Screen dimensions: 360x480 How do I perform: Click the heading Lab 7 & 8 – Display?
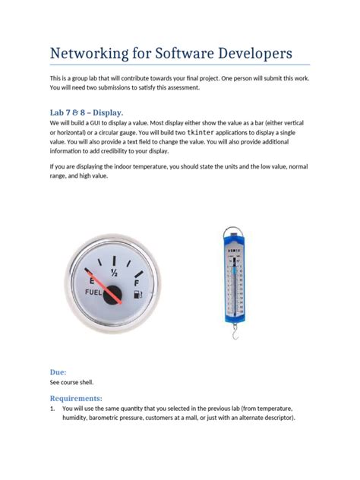pyautogui.click(x=86, y=113)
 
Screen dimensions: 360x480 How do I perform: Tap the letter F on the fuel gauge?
pyautogui.click(x=137, y=283)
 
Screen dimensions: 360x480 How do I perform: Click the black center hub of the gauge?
pyautogui.click(x=114, y=295)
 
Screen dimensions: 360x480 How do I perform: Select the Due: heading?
pyautogui.click(x=58, y=373)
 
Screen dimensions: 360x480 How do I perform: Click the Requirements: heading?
pyautogui.click(x=81, y=398)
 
